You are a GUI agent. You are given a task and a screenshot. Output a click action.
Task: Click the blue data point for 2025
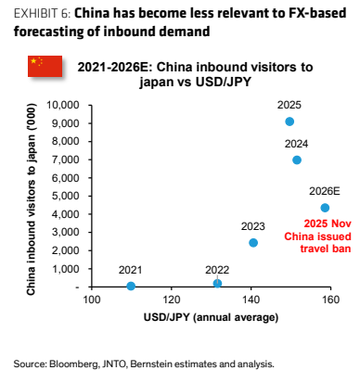pos(289,121)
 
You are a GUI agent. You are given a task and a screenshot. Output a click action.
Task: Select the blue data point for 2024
pos(297,160)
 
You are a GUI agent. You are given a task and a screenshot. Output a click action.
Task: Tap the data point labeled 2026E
pos(325,208)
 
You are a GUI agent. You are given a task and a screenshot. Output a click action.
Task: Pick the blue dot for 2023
pos(253,243)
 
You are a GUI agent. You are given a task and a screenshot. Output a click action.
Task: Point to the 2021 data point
pos(131,286)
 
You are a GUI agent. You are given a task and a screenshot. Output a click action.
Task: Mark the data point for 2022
pos(217,283)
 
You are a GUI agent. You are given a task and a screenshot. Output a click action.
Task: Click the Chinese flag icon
pos(45,66)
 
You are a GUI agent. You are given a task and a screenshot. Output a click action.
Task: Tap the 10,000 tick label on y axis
pos(63,105)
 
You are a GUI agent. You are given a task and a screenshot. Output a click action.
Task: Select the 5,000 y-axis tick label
pos(66,196)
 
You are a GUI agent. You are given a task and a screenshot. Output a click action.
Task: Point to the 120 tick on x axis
pos(171,300)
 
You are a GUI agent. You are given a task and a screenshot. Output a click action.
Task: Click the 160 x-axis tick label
pos(330,300)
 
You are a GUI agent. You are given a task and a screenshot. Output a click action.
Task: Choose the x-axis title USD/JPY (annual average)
pos(211,317)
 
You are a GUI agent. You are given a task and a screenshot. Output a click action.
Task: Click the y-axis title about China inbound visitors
pos(31,199)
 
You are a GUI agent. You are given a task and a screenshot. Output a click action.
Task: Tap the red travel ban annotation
pos(317,236)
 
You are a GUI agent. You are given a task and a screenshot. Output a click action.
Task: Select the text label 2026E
pos(325,191)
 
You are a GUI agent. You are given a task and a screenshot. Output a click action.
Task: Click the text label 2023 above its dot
pos(253,226)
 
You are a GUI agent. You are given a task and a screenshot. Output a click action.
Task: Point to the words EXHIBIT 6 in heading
pos(42,13)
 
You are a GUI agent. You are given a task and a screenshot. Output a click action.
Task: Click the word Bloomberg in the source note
pos(74,364)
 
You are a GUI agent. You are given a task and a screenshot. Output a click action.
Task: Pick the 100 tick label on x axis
pos(92,300)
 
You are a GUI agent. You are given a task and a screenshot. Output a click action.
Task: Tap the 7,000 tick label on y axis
pos(66,160)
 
